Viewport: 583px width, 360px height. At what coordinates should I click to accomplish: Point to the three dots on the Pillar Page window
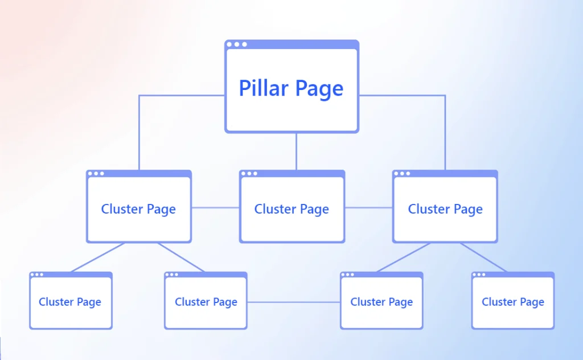coord(236,44)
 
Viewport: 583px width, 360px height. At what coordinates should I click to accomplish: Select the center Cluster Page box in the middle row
coord(291,209)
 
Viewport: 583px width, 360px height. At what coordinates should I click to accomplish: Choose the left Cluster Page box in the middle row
coord(138,209)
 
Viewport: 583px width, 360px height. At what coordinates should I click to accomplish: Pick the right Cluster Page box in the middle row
coord(445,209)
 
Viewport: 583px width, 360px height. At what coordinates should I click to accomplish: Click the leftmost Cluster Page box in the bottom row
coord(70,302)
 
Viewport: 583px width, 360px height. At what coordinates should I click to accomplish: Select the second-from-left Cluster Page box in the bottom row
coord(206,302)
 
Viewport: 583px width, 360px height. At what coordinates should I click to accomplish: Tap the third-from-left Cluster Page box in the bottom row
coord(381,302)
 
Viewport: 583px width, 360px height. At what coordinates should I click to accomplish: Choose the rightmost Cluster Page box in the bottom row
coord(513,302)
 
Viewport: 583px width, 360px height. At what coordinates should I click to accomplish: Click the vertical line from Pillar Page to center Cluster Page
coord(296,152)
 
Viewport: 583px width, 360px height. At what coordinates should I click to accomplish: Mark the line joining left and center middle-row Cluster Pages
coord(215,208)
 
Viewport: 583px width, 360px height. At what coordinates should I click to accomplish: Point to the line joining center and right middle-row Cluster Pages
coord(368,208)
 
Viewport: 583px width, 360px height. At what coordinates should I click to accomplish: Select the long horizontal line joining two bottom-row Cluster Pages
coord(293,302)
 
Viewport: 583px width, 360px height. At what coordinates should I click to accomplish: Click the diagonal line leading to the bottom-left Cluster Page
coord(97,257)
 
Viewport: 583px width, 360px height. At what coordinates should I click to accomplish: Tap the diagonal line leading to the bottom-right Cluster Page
coord(483,257)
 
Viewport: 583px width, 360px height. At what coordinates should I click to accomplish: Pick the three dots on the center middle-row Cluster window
coord(249,173)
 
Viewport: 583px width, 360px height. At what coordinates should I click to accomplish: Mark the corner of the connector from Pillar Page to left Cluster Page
coord(139,96)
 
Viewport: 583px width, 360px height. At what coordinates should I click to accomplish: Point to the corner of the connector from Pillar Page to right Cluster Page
coord(445,96)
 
